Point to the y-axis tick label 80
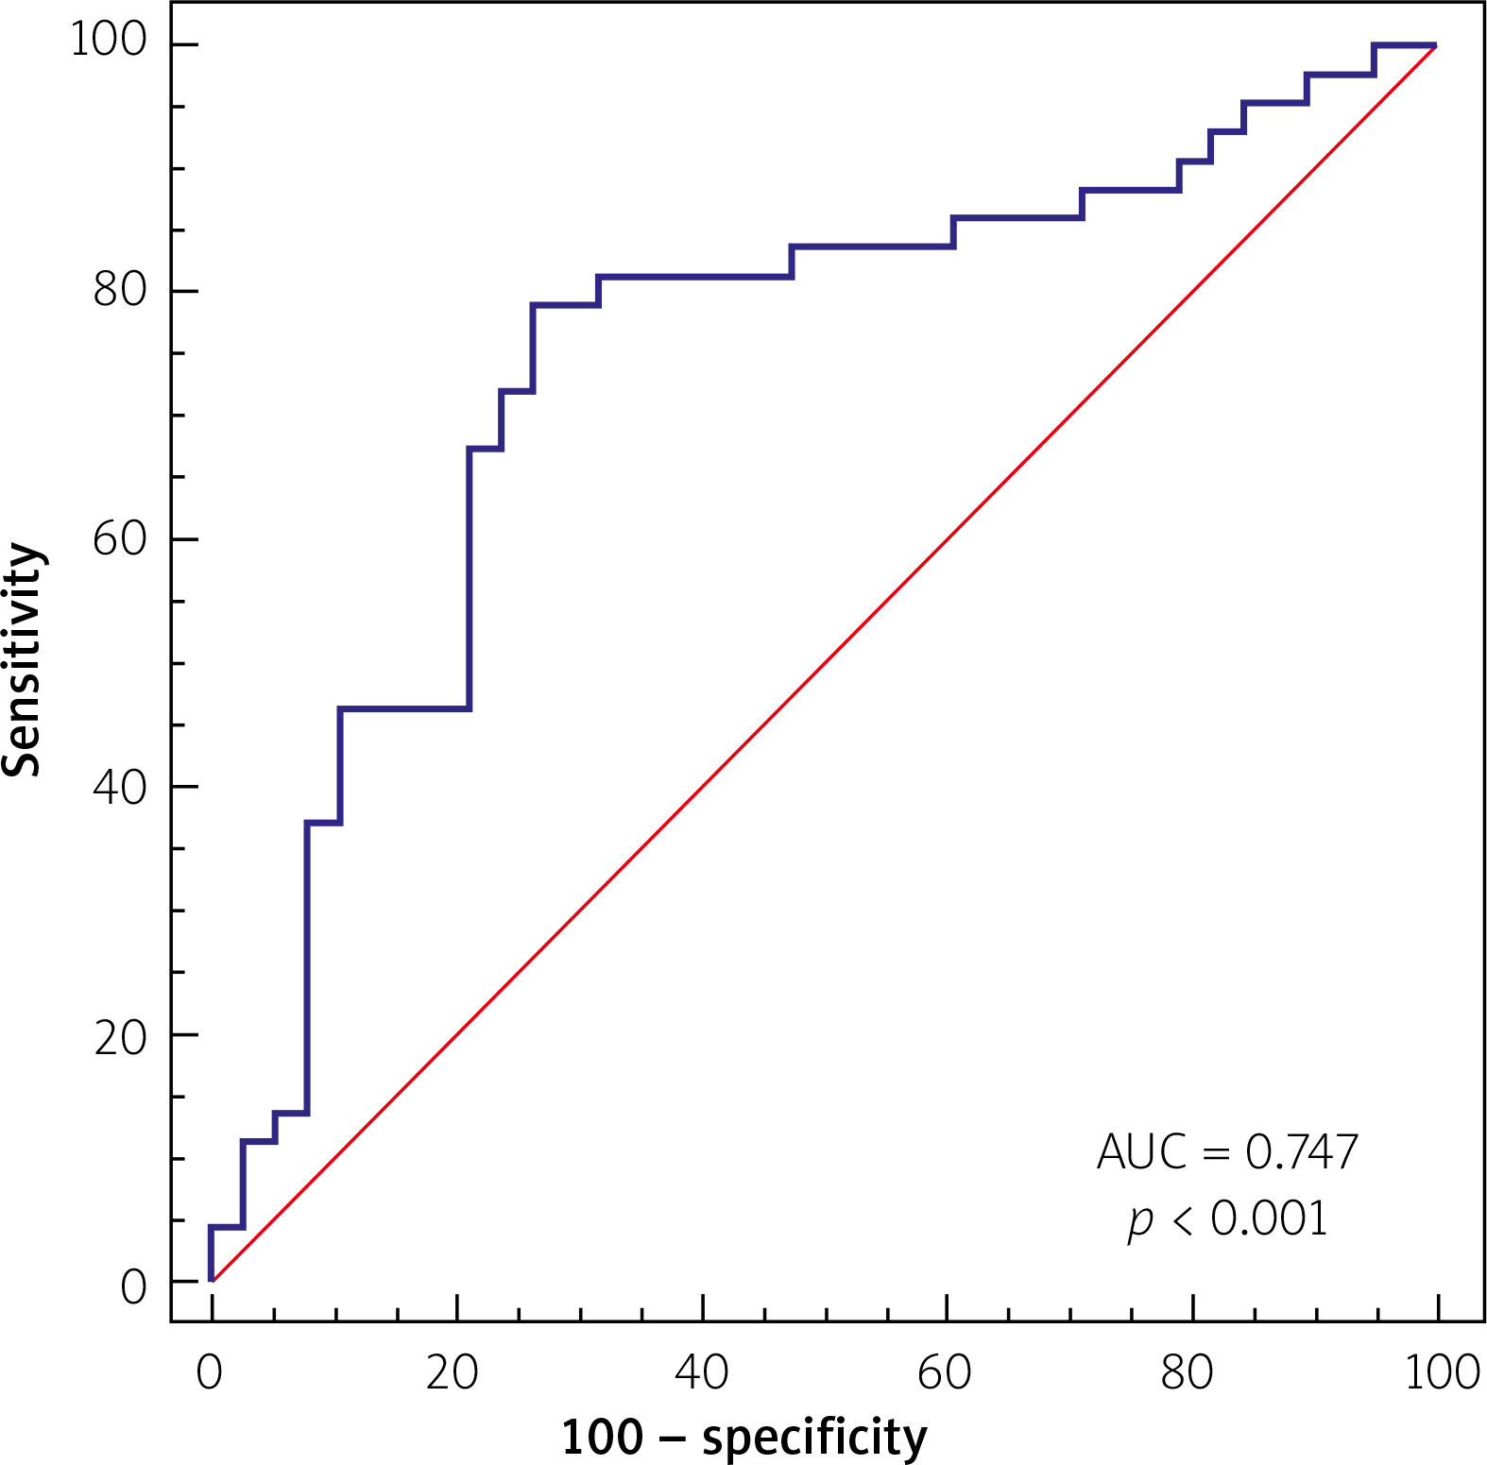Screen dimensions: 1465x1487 (121, 289)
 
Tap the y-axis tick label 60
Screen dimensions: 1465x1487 (121, 538)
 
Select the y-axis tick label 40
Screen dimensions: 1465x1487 (121, 787)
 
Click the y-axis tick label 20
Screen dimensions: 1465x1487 (121, 1036)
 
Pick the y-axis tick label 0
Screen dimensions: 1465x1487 (134, 1286)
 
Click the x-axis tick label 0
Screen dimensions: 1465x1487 (210, 1372)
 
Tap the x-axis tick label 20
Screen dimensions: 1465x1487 (453, 1372)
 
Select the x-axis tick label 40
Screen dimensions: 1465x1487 (701, 1372)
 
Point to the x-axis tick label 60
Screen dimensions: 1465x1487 (945, 1372)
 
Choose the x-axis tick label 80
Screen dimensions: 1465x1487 (1188, 1372)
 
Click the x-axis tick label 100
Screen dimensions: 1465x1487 (1442, 1372)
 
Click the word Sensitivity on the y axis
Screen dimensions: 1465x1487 (23, 659)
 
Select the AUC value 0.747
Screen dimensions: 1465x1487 (1302, 1151)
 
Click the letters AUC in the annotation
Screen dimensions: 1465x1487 (1141, 1151)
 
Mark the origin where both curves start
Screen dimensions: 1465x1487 (212, 1281)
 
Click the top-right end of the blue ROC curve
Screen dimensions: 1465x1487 (1435, 45)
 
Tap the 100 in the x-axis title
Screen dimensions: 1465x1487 (602, 1438)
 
